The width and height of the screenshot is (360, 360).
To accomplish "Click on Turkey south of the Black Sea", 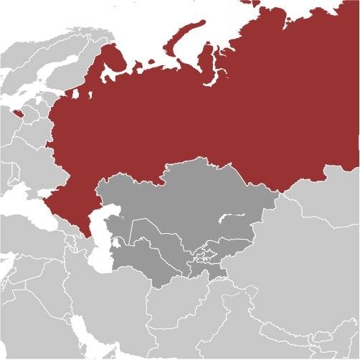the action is tap(29, 237).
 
